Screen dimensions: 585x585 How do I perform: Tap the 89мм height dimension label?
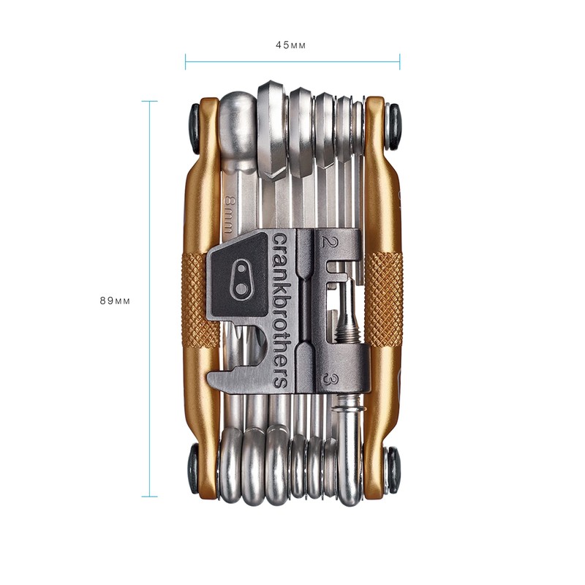coord(114,301)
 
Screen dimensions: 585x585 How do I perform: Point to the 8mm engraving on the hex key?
coord(230,211)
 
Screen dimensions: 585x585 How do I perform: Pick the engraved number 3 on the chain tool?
coord(331,380)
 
